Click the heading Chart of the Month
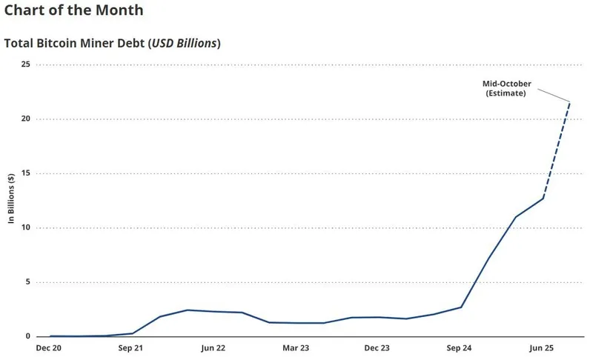73,11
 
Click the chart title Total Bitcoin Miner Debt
76,43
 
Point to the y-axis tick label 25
25,64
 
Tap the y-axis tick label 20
25,119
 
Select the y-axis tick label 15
25,173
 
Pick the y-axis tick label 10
25,227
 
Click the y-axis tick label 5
27,281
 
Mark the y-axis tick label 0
27,336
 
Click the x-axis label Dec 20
50,347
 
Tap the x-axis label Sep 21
132,347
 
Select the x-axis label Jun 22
213,347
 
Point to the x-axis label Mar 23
296,347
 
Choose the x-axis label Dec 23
377,347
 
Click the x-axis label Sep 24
460,347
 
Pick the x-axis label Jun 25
541,347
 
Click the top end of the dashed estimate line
569,102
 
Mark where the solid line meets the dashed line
543,198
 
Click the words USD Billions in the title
184,43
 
